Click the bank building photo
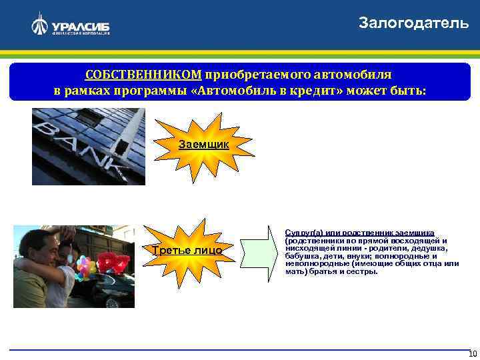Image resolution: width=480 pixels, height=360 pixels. (x=89, y=146)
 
